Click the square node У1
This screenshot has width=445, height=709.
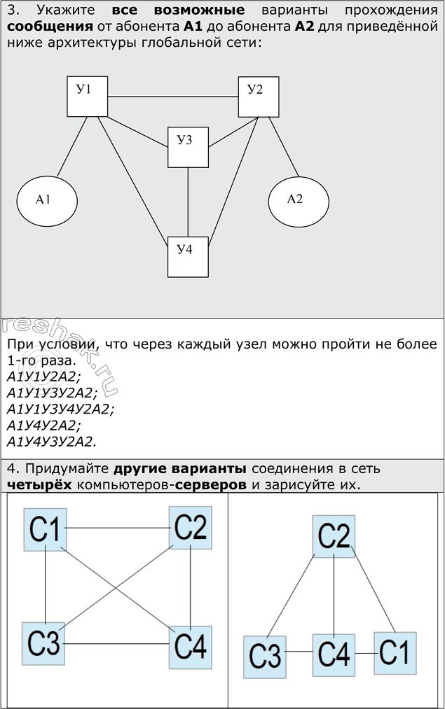click(x=87, y=97)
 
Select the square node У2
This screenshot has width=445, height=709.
click(x=259, y=97)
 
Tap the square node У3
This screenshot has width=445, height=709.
click(x=188, y=147)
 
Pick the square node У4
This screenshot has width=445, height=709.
click(x=188, y=257)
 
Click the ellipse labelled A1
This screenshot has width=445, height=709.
click(x=47, y=200)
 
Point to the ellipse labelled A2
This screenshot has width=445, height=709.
click(x=299, y=200)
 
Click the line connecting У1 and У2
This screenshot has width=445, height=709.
click(x=172, y=96)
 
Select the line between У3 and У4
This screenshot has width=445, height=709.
click(x=188, y=202)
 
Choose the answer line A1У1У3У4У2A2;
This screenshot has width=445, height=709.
click(x=60, y=409)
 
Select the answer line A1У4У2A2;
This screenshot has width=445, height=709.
click(x=44, y=425)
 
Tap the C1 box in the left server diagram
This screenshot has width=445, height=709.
click(x=46, y=530)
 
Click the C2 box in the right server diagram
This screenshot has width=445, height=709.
click(x=334, y=537)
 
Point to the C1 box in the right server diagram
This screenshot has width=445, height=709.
click(x=395, y=652)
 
